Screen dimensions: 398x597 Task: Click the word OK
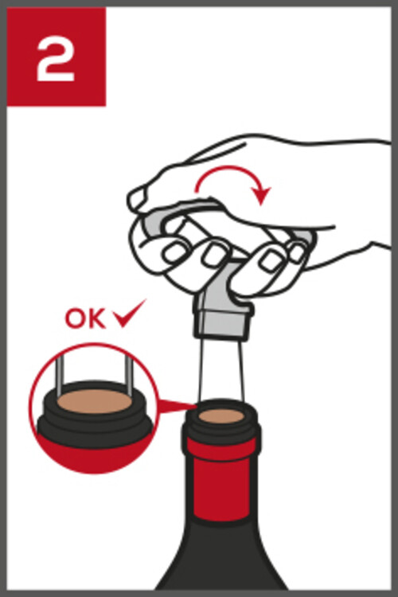click(85, 318)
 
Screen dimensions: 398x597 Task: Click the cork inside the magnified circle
click(95, 401)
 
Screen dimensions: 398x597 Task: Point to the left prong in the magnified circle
click(60, 377)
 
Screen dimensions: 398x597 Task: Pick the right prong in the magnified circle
click(129, 377)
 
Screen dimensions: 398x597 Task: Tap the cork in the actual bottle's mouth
click(221, 416)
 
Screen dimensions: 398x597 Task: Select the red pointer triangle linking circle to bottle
click(174, 406)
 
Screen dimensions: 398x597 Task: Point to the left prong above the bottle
click(199, 369)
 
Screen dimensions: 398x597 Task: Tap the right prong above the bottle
click(241, 369)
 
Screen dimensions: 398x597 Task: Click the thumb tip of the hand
click(136, 198)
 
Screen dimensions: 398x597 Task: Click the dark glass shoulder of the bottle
click(221, 556)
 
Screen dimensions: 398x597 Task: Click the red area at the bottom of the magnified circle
click(95, 457)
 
